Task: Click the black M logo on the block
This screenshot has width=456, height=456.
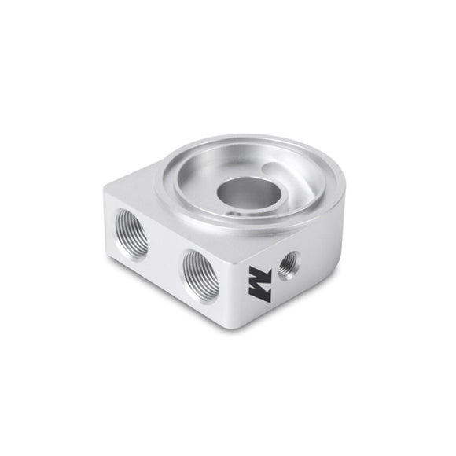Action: click(x=262, y=287)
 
